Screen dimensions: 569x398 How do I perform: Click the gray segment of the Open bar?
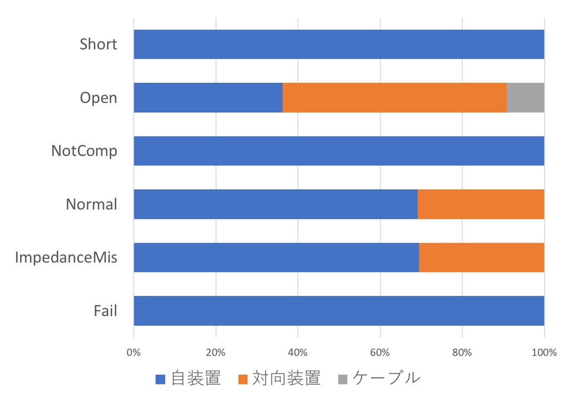[x=526, y=98]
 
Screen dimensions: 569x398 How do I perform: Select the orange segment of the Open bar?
[x=395, y=98]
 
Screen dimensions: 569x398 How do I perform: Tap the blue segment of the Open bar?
[x=208, y=98]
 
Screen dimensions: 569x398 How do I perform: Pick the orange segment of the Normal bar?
[x=481, y=204]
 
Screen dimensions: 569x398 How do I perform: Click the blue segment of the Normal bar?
[x=276, y=204]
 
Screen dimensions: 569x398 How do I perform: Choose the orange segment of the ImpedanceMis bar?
[x=482, y=258]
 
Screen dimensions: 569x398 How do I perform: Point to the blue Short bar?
[x=339, y=44]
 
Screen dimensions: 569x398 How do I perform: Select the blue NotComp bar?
[x=339, y=151]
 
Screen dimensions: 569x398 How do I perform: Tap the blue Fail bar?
[x=339, y=311]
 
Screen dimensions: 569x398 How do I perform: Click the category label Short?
[x=98, y=44]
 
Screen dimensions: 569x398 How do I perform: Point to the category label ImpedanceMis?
[x=66, y=258]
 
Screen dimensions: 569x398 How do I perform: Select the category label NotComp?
[x=84, y=151]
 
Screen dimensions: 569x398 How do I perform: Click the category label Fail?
[x=105, y=311]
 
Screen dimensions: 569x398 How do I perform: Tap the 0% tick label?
[x=133, y=352]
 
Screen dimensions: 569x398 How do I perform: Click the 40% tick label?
[x=298, y=352]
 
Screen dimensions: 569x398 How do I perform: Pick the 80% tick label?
[x=462, y=352]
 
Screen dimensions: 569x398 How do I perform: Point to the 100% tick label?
[x=544, y=352]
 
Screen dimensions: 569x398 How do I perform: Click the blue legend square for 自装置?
[x=161, y=379]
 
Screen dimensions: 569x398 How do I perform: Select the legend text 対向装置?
[x=286, y=378]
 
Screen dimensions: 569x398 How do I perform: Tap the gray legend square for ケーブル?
[x=342, y=379]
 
